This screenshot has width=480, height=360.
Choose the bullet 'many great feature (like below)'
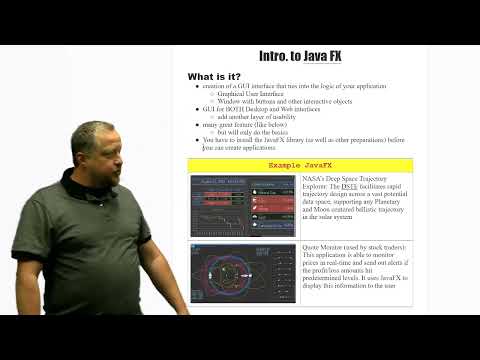237,124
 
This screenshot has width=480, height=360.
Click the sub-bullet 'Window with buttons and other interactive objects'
270,102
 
